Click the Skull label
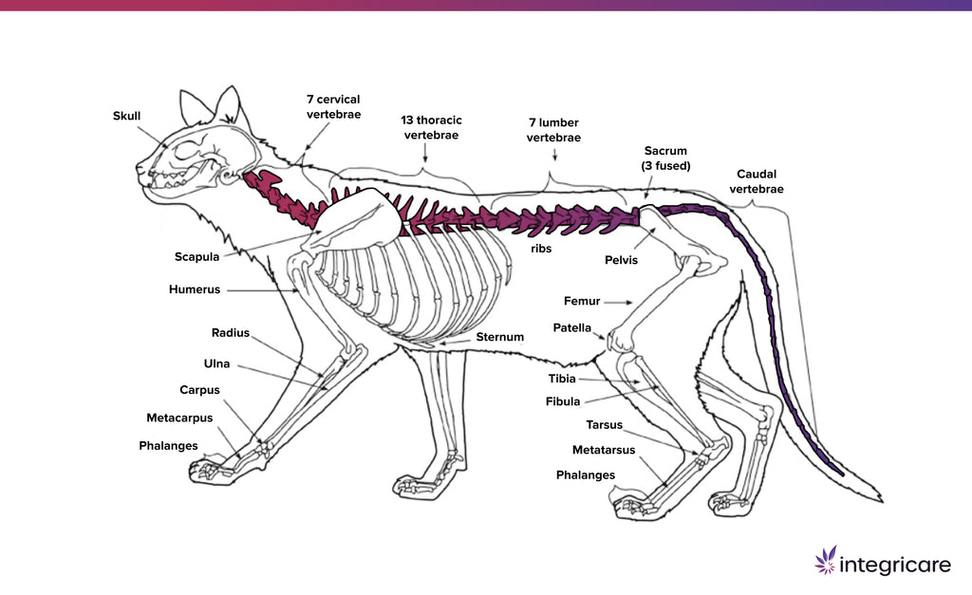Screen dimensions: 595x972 (x=126, y=116)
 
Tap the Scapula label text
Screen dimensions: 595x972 (x=197, y=256)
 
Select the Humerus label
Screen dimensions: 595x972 (x=195, y=288)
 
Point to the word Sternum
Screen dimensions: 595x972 (x=499, y=337)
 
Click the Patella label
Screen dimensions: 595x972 (x=572, y=327)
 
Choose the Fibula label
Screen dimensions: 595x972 (x=563, y=401)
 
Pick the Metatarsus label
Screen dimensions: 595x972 (x=603, y=449)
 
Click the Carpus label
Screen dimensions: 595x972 (x=200, y=390)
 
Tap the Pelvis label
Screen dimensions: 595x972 (x=622, y=259)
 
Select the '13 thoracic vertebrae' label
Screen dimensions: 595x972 (x=431, y=128)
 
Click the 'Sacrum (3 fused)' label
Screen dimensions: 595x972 (x=665, y=158)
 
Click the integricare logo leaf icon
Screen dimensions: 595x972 (x=825, y=560)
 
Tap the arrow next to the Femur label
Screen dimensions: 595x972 (x=618, y=302)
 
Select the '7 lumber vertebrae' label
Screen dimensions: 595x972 (x=553, y=130)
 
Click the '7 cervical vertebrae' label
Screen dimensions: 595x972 (x=333, y=106)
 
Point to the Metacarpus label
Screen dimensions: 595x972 (x=179, y=418)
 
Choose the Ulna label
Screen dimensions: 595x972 (x=216, y=363)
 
